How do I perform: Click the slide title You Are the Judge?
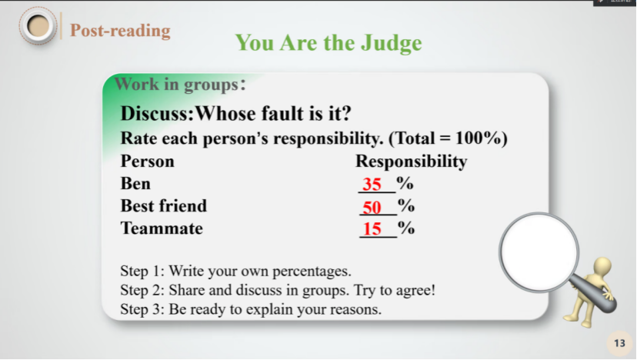(x=329, y=42)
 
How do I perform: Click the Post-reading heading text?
(x=120, y=31)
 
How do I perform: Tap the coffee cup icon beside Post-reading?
(x=38, y=26)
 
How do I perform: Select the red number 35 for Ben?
(x=372, y=184)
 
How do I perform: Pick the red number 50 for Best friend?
(x=372, y=208)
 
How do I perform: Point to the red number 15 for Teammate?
(x=372, y=228)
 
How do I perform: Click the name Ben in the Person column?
(x=135, y=183)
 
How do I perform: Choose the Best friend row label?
(x=164, y=205)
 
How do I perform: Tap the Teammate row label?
(x=162, y=228)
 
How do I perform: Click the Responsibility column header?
(x=412, y=162)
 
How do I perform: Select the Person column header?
(x=148, y=162)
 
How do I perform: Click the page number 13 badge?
(x=619, y=343)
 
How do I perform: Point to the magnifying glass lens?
(x=539, y=252)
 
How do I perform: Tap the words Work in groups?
(x=177, y=84)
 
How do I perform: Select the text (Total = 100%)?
(x=448, y=138)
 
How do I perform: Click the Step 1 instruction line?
(x=235, y=271)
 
